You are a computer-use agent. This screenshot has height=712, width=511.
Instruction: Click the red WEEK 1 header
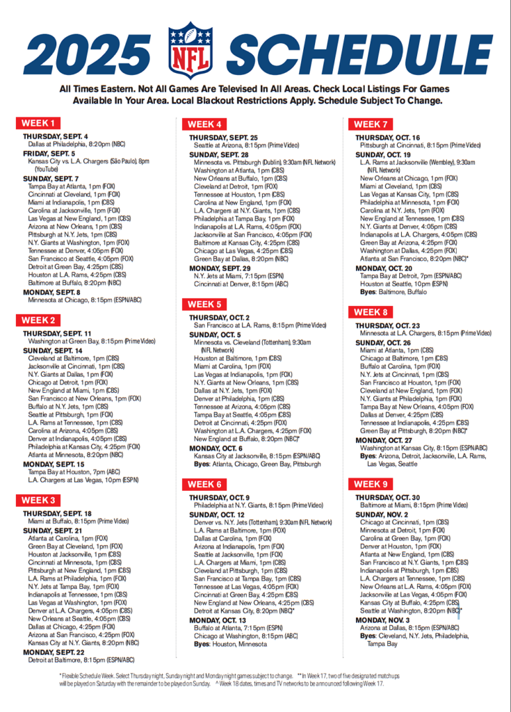pos(39,124)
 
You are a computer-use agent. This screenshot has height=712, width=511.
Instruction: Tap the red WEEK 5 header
pos(204,305)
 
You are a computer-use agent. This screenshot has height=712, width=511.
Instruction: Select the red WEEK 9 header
pos(371,484)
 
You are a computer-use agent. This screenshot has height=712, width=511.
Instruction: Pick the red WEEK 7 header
pos(371,124)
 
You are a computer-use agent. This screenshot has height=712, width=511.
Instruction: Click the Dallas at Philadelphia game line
pos(76,144)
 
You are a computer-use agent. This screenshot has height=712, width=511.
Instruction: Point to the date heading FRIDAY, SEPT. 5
pos(49,153)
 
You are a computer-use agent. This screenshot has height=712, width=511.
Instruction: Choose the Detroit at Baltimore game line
pos(81,660)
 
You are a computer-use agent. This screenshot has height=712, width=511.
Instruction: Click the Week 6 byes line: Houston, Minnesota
pos(230,644)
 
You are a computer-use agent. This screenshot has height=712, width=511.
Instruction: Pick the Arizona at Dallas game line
pos(409,628)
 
